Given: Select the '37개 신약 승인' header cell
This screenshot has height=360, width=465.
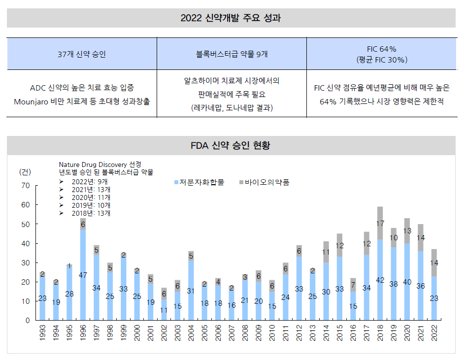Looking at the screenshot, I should pyautogui.click(x=82, y=54).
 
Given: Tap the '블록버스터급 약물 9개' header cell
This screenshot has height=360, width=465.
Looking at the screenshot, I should pyautogui.click(x=232, y=54).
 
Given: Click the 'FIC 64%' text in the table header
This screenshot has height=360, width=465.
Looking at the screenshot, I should pyautogui.click(x=382, y=49).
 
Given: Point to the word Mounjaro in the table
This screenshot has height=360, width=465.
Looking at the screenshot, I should pyautogui.click(x=34, y=101).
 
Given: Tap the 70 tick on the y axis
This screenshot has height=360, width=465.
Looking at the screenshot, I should pyautogui.click(x=26, y=186).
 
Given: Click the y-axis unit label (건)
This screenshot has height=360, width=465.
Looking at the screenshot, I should pyautogui.click(x=25, y=171).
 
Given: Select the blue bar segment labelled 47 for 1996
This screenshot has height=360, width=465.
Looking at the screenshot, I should pyautogui.click(x=83, y=275).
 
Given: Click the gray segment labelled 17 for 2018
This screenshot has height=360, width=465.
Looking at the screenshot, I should pyautogui.click(x=380, y=223).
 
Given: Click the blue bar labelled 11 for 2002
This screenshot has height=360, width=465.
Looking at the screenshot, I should pyautogui.click(x=164, y=310).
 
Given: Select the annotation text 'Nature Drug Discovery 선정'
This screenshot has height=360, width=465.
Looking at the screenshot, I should pyautogui.click(x=100, y=164).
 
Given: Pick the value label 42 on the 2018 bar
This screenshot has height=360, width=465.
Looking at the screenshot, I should pyautogui.click(x=380, y=280).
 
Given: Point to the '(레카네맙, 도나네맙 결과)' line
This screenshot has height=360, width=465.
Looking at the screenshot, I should pyautogui.click(x=232, y=108).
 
